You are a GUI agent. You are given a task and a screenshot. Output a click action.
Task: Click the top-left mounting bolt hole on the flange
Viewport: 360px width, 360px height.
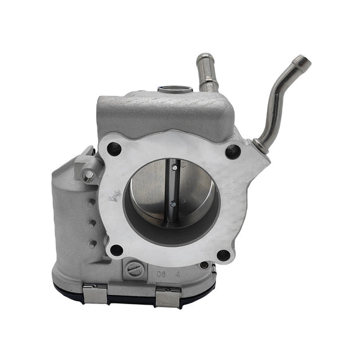point(114,148)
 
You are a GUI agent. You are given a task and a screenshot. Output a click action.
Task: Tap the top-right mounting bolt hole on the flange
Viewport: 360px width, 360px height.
point(233,150)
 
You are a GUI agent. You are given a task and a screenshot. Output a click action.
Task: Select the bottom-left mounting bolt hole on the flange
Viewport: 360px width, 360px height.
point(115,250)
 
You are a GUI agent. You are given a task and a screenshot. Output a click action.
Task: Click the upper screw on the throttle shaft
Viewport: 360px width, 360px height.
point(175,166)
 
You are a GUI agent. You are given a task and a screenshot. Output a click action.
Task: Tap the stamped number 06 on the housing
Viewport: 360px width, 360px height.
point(161,271)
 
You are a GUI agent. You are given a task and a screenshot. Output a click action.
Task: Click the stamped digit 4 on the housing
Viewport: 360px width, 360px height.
point(178,271)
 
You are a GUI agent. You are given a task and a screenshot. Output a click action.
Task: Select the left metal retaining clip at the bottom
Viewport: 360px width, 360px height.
point(95,295)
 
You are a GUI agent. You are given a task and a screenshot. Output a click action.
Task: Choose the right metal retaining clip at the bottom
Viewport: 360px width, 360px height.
point(168,298)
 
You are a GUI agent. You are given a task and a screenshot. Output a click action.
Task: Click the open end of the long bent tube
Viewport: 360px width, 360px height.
point(302,61)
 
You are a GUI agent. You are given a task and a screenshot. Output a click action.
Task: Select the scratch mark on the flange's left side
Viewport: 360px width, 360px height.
point(114,197)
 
